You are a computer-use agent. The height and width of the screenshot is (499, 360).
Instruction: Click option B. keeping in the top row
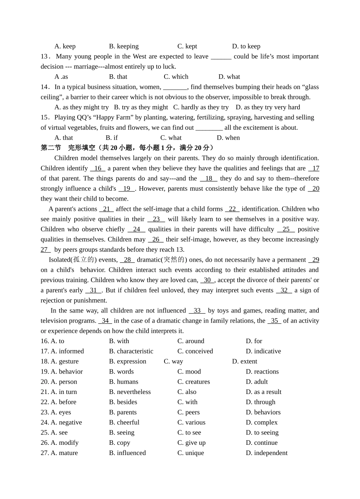point(124,46)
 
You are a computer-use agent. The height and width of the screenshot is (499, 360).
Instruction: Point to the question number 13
point(45,56)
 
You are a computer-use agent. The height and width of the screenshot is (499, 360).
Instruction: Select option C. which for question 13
point(176,77)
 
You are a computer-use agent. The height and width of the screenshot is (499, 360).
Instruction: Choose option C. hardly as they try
point(201,107)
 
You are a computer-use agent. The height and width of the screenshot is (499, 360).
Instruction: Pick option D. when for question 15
point(228,138)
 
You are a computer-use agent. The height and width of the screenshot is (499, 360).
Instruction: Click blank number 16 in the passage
point(98,168)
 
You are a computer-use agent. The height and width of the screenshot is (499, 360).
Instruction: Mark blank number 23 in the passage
point(156,219)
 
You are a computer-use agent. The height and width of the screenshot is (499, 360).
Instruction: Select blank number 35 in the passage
point(274,321)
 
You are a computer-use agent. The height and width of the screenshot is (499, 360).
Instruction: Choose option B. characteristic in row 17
point(131,351)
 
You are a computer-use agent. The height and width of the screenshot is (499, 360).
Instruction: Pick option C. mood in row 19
point(189,372)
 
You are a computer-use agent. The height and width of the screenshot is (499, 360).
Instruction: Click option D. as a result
point(263,392)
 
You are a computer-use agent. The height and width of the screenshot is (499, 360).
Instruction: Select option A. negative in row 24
point(66,422)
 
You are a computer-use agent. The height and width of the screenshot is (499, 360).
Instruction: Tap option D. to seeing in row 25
point(262,433)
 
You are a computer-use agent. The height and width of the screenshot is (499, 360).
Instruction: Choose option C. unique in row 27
point(191,453)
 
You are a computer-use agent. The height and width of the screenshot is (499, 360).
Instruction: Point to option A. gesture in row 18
point(64,361)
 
